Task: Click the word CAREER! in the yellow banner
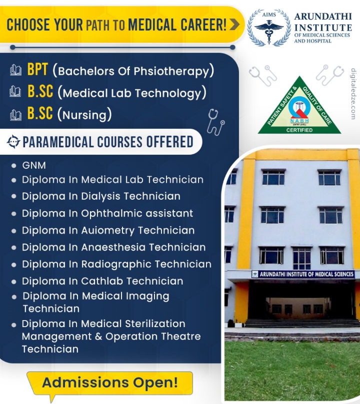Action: point(203,24)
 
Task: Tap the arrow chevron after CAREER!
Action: point(234,24)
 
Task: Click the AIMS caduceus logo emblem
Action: point(269,28)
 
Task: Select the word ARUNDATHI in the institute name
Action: point(323,16)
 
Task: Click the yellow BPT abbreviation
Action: point(37,69)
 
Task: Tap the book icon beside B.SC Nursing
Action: point(15,115)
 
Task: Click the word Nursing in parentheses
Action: point(84,115)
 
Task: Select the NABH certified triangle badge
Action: point(299,106)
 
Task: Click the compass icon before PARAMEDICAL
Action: point(13,142)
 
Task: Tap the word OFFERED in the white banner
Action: point(169,142)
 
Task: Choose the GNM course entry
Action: point(34,165)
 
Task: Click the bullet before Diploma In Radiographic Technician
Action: point(14,265)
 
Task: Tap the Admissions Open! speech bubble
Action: point(109,384)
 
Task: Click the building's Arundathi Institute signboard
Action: point(303,274)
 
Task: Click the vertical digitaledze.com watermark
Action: point(353,93)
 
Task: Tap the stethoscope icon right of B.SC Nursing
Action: point(215,122)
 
